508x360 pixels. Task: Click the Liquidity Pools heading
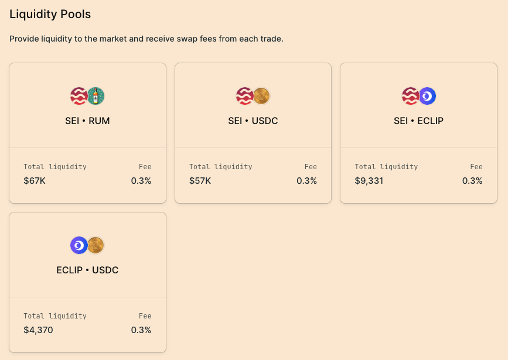(50, 14)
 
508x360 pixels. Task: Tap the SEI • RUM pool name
(87, 121)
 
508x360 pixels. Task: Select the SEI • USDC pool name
(253, 121)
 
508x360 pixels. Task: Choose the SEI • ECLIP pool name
(418, 121)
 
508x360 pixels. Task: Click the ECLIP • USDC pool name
(87, 270)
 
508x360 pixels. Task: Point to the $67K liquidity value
(35, 181)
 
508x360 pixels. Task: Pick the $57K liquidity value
(200, 181)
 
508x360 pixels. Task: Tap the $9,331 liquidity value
(369, 181)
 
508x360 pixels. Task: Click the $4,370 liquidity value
(38, 330)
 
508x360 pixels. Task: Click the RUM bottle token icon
(96, 96)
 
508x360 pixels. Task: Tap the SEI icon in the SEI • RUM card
(79, 96)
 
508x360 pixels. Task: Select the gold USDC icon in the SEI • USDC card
(261, 96)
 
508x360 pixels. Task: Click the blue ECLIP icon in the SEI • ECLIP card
(427, 96)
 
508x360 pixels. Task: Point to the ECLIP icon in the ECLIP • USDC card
(79, 245)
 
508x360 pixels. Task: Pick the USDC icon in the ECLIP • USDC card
(96, 245)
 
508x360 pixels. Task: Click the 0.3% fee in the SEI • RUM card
(141, 181)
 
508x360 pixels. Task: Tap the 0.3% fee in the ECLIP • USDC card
(141, 330)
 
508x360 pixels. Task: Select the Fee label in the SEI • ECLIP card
(476, 167)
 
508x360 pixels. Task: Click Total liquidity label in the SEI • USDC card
(220, 167)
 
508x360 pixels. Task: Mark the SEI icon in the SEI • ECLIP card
(410, 96)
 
